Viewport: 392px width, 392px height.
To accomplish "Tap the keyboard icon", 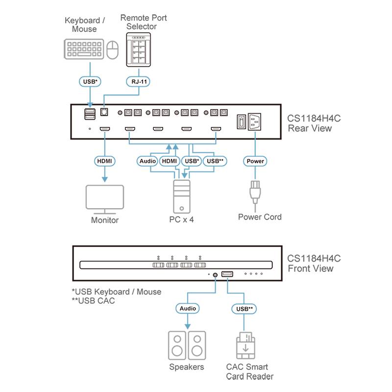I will (83, 49).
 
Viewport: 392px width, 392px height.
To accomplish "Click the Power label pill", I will (255, 161).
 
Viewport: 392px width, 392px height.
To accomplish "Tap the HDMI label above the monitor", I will (104, 161).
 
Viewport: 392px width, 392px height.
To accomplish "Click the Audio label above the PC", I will (147, 161).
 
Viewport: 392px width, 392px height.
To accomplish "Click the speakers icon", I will (187, 344).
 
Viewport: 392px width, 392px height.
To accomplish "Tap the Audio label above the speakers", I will (187, 309).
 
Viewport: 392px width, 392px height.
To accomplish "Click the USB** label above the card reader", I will (244, 309).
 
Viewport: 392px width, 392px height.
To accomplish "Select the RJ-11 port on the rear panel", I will (104, 112).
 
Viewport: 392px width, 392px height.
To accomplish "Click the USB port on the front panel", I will (227, 274).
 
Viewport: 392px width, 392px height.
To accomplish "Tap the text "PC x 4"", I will (182, 220).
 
